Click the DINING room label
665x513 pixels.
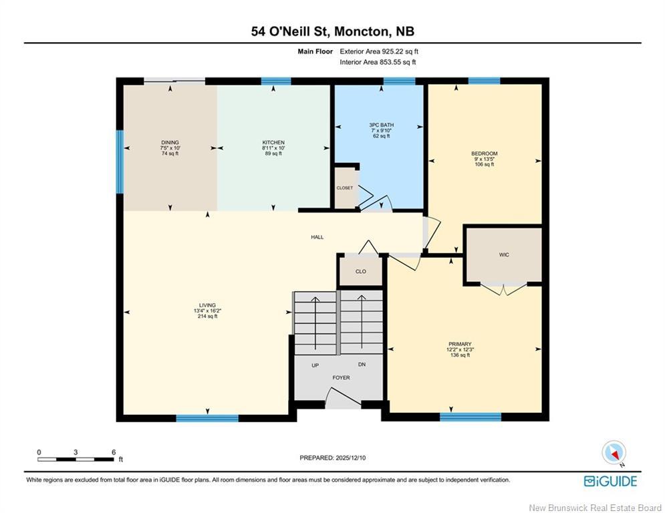(170, 142)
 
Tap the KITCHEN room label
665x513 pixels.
(273, 142)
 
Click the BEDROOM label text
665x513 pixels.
(484, 154)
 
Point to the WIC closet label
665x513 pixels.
(503, 254)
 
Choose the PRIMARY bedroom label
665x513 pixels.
(459, 344)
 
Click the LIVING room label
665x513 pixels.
(207, 305)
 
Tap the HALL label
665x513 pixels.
(317, 237)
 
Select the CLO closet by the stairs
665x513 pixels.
(360, 272)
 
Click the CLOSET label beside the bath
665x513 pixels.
(344, 188)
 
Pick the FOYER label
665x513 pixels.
(341, 378)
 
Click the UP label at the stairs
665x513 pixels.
(315, 365)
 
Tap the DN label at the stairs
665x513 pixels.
(362, 365)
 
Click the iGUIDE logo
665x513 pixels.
(610, 481)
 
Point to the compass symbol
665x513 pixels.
(613, 453)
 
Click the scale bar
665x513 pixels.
(76, 459)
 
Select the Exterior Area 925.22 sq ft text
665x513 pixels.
(379, 51)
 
